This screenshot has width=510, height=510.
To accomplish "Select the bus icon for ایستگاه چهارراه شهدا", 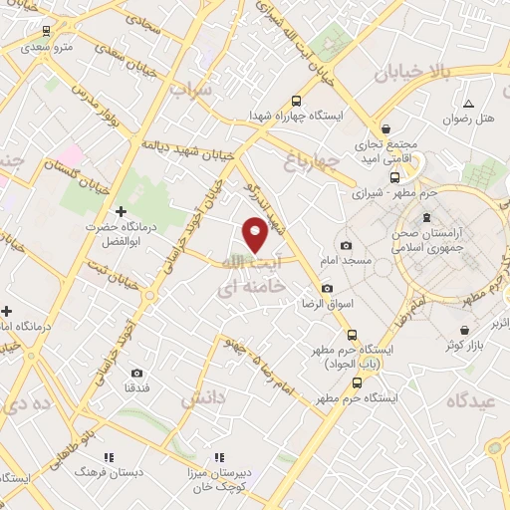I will coord(295,100).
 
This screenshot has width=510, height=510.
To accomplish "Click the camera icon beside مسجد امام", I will coord(346,245).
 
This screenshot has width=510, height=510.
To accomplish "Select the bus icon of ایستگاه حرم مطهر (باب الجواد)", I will coord(351,334).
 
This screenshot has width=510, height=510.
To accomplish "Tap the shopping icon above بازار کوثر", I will coord(464,329).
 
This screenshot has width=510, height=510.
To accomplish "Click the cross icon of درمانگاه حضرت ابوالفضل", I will coord(121,211).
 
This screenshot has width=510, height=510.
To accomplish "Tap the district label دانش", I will coord(202,397).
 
